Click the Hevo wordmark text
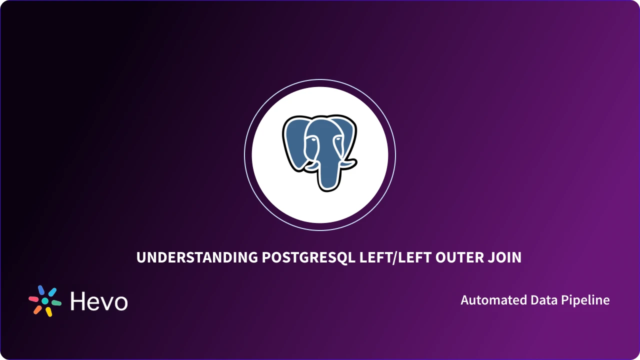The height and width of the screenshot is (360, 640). click(x=99, y=301)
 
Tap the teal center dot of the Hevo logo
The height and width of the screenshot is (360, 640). click(x=45, y=301)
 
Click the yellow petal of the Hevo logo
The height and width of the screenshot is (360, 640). click(x=49, y=311)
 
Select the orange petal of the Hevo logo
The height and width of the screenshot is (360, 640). click(x=37, y=309)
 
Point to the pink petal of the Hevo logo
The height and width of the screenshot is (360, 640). click(x=33, y=299)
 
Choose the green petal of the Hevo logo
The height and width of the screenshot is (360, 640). click(x=56, y=303)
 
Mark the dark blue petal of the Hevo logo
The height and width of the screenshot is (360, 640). click(x=41, y=290)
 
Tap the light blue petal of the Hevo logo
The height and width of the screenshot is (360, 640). click(x=52, y=292)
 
